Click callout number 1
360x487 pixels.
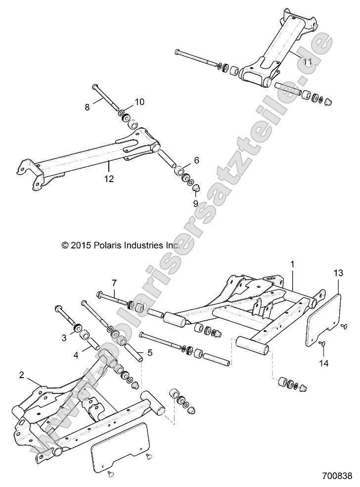point(292,265)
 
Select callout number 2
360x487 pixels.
point(21,375)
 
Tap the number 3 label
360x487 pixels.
point(64,338)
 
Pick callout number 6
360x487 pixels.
point(196,160)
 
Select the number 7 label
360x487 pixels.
point(114,283)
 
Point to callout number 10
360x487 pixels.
point(139,102)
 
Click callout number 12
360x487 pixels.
point(109,179)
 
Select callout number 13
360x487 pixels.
point(338,273)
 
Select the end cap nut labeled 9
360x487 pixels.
point(196,188)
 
